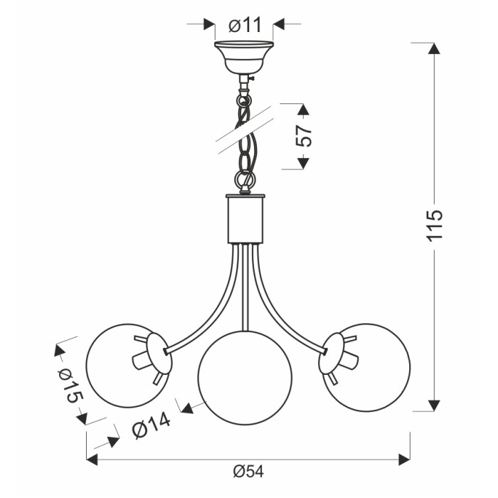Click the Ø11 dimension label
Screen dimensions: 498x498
click(245, 26)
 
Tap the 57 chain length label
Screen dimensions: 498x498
click(304, 136)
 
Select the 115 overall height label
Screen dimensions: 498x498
click(434, 226)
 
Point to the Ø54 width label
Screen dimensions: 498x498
click(248, 472)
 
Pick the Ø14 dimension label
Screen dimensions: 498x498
click(151, 426)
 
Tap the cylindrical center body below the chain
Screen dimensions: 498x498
click(245, 218)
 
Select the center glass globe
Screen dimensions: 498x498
click(245, 378)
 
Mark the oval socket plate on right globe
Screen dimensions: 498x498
click(330, 353)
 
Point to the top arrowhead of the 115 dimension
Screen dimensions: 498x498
click(434, 48)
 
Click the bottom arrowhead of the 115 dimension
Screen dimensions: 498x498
click(434, 406)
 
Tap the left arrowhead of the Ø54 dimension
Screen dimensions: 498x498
click(92, 460)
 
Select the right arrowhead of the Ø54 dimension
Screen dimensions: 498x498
click(404, 460)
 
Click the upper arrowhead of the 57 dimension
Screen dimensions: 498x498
click(303, 110)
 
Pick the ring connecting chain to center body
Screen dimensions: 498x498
click(245, 179)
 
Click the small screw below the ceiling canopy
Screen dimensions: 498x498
click(252, 78)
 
